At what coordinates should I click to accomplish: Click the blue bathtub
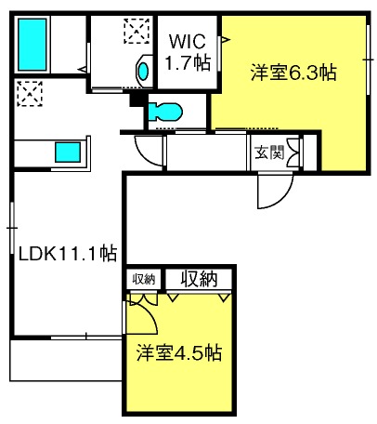point(32,45)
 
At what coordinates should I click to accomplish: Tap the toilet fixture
point(165,112)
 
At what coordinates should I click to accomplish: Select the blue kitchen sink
point(68,152)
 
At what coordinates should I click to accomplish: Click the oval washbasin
point(143,72)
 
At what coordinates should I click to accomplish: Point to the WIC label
point(187,41)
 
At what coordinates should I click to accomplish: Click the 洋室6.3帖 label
point(293,73)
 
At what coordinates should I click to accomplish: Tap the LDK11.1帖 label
point(68,254)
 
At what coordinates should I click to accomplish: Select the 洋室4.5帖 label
point(179,352)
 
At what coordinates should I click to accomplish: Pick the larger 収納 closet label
point(200,279)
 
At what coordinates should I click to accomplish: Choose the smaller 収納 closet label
point(144,280)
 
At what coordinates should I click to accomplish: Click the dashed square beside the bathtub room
point(136,31)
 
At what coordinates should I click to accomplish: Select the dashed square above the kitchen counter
point(30,94)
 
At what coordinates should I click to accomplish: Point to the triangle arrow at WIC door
point(226,39)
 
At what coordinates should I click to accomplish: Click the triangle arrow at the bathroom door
point(83,70)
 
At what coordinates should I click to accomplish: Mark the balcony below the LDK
point(66,360)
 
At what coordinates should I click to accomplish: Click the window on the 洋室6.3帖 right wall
point(368,59)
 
